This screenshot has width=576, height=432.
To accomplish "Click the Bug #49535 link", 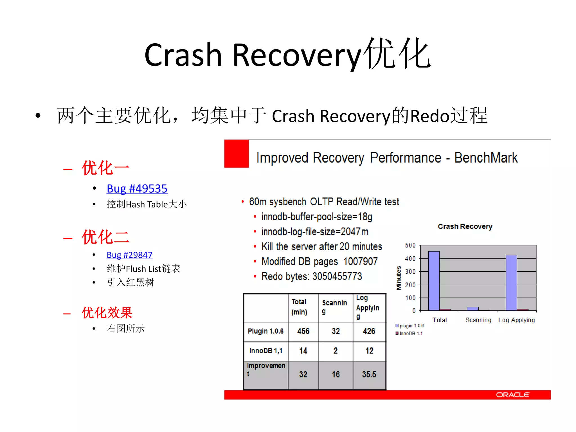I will click(x=137, y=189).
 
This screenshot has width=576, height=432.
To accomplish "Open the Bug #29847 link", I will click(x=129, y=255).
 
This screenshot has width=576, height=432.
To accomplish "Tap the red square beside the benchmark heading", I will click(x=237, y=154).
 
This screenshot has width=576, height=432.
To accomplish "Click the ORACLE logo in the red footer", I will click(x=512, y=395).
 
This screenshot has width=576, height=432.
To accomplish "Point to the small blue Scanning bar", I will click(x=472, y=309).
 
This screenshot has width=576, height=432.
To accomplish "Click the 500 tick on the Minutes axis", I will click(x=410, y=245).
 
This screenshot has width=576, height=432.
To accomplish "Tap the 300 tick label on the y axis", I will click(x=410, y=271).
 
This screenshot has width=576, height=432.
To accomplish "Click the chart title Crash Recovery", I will click(x=465, y=226).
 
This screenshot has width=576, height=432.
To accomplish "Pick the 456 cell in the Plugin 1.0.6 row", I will click(x=303, y=331).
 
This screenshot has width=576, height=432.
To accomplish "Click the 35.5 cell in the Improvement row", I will click(x=369, y=374).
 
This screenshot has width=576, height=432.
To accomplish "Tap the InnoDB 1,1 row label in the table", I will click(x=266, y=351).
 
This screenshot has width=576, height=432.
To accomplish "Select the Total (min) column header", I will click(x=299, y=307).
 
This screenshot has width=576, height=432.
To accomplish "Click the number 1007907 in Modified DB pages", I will click(x=360, y=261).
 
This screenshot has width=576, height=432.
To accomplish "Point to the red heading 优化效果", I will click(x=107, y=312).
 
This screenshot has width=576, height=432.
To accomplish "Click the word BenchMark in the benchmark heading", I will click(x=486, y=157).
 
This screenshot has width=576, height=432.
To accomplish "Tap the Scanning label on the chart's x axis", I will click(x=478, y=320).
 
